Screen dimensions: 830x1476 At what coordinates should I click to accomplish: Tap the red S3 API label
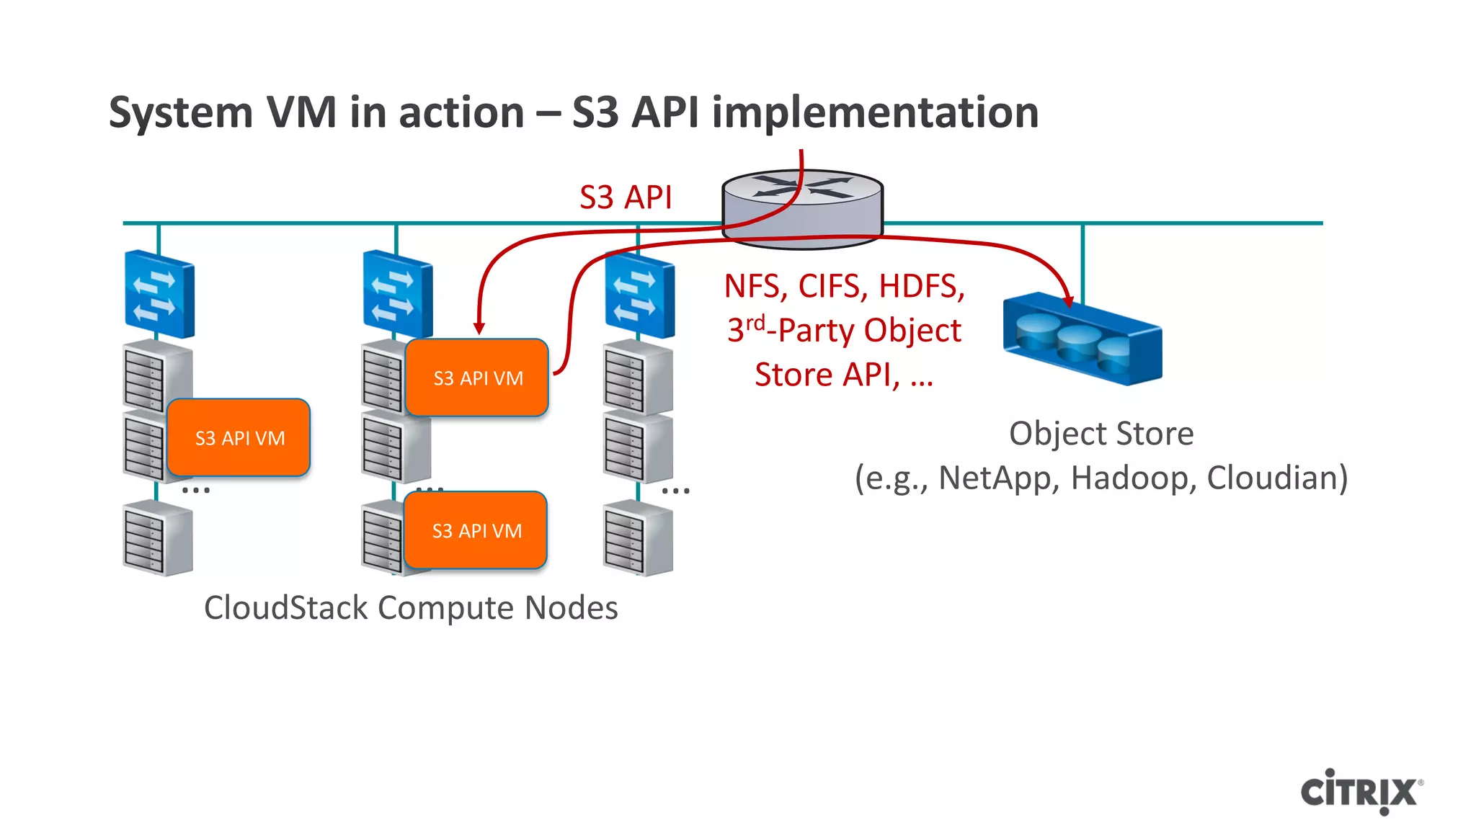pyautogui.click(x=625, y=197)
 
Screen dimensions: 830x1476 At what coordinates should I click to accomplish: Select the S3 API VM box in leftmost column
pyautogui.click(x=239, y=437)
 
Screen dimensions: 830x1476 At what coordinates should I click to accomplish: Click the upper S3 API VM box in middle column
pyautogui.click(x=477, y=378)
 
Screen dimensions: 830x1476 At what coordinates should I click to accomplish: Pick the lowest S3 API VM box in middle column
pyautogui.click(x=476, y=530)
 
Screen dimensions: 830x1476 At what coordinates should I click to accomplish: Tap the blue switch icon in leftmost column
pyautogui.click(x=159, y=294)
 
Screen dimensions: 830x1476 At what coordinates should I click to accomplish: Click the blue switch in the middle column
pyautogui.click(x=397, y=294)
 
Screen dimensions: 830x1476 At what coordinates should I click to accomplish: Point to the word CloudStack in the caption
pyautogui.click(x=286, y=607)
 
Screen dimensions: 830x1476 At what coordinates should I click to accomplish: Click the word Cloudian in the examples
pyautogui.click(x=1272, y=478)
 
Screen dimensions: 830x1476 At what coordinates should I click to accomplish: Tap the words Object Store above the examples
pyautogui.click(x=1101, y=434)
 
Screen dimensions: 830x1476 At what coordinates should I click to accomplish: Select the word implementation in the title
pyautogui.click(x=875, y=113)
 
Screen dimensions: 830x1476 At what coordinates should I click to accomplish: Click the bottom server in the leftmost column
pyautogui.click(x=157, y=541)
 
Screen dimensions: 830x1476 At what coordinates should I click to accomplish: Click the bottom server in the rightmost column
pyautogui.click(x=638, y=541)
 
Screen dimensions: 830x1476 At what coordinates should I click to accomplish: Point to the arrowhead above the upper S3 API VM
pyautogui.click(x=479, y=329)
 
